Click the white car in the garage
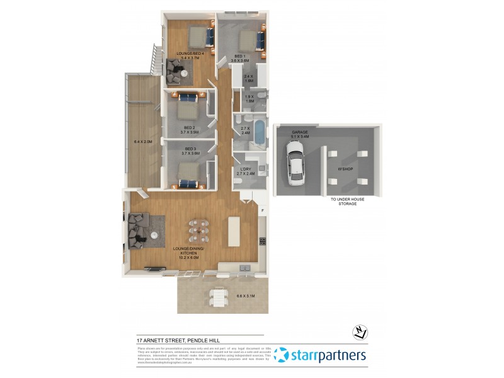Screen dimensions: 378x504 [294, 164]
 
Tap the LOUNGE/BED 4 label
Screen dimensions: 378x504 [190, 55]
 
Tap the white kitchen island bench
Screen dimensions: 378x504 [234, 231]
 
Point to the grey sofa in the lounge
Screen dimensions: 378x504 [139, 227]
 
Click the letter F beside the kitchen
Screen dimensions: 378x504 [263, 209]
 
